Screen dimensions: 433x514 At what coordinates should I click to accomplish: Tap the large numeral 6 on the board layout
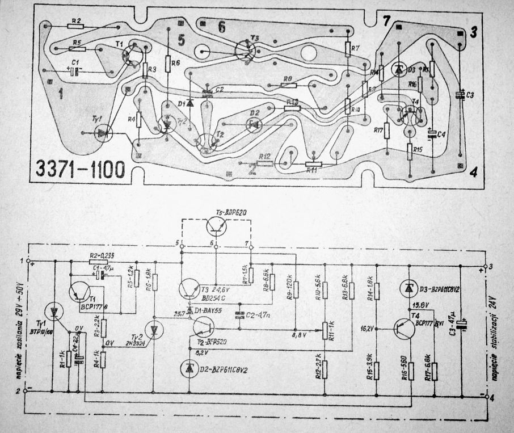221,26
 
